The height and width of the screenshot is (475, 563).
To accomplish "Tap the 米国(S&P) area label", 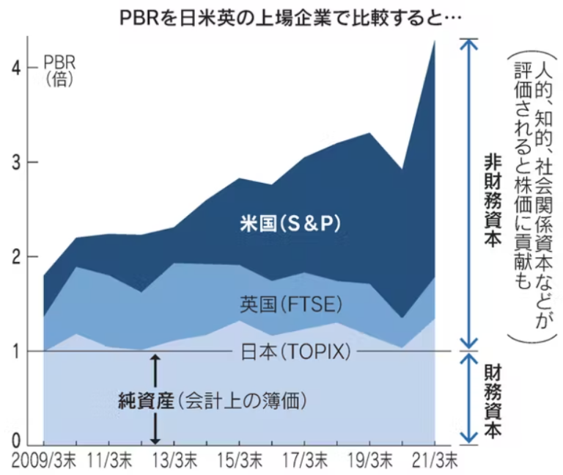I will click(x=292, y=222).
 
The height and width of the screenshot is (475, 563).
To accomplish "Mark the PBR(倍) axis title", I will click(x=59, y=68).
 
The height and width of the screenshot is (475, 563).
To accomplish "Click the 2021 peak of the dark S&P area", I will click(x=435, y=41).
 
